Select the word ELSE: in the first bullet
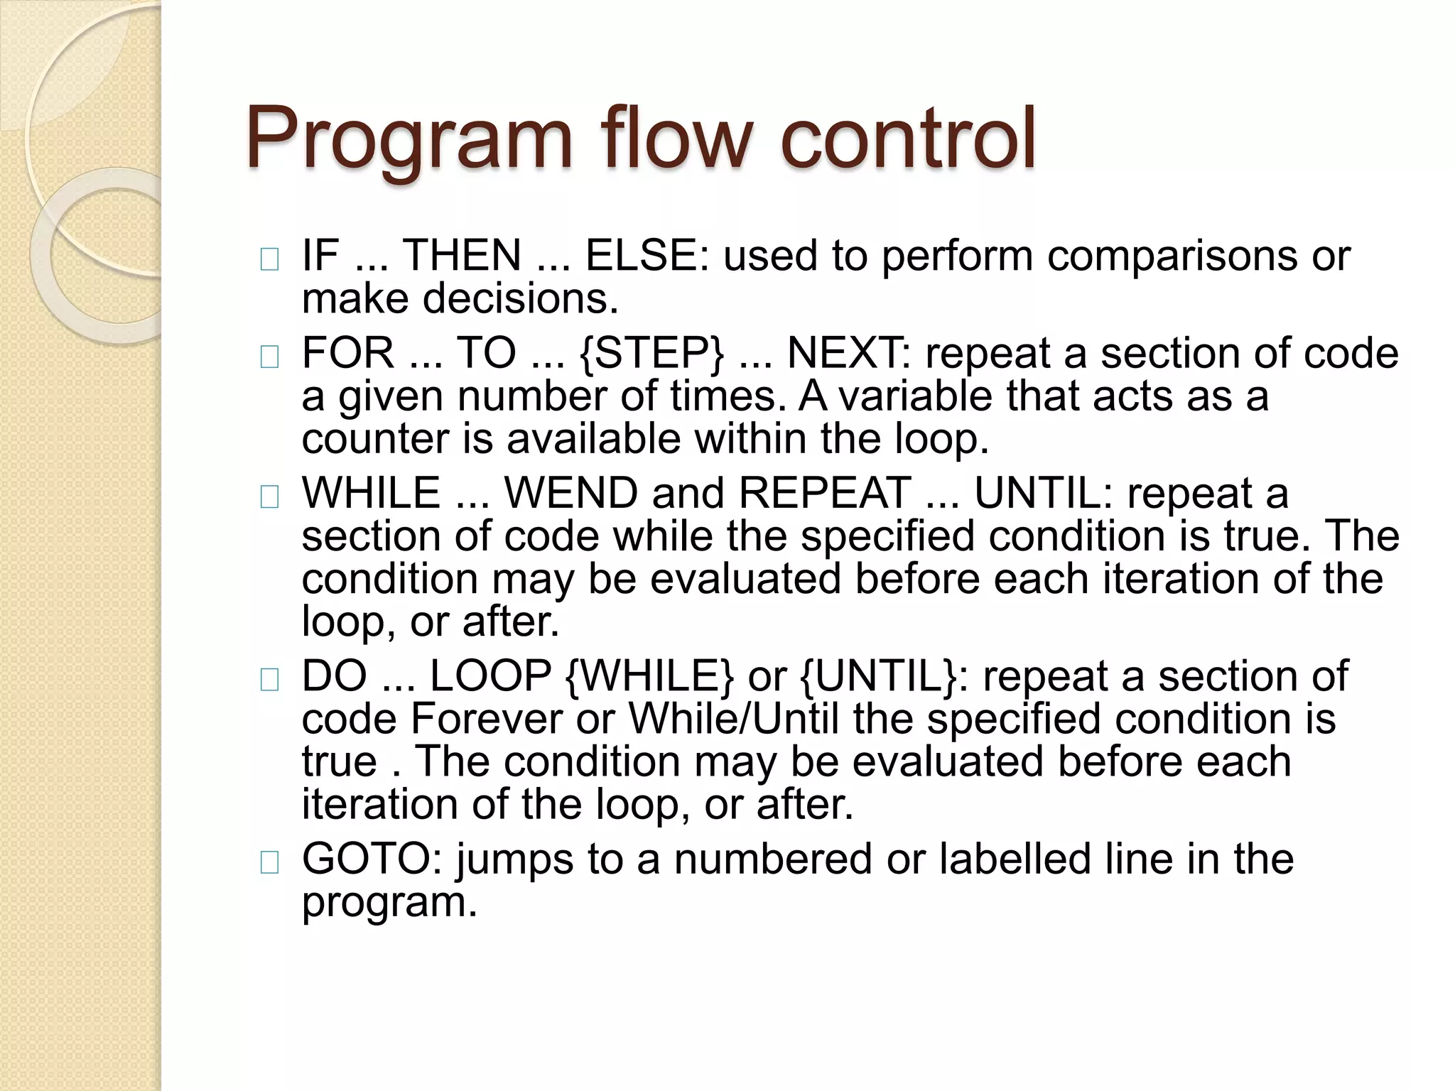click(x=646, y=255)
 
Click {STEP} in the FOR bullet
click(x=652, y=353)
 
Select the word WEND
click(x=570, y=493)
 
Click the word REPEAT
click(x=825, y=493)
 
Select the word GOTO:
click(x=372, y=859)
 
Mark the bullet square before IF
click(x=269, y=261)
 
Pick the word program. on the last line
click(x=389, y=902)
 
